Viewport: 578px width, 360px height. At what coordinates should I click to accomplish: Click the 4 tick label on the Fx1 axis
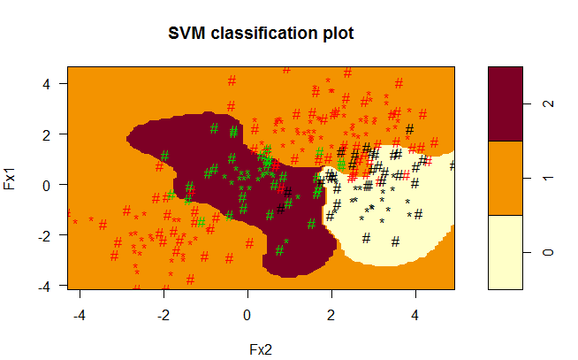pyautogui.click(x=52, y=83)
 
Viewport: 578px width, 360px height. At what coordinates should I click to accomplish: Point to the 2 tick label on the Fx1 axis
pyautogui.click(x=52, y=134)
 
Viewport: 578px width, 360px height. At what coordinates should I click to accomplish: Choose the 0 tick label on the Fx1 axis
pyautogui.click(x=52, y=185)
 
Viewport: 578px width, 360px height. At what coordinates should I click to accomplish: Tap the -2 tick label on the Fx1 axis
pyautogui.click(x=49, y=235)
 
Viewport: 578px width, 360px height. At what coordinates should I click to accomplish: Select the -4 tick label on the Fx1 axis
pyautogui.click(x=49, y=286)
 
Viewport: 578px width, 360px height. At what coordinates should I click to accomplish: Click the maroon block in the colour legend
pyautogui.click(x=506, y=103)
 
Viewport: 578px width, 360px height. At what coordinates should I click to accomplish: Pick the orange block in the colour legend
pyautogui.click(x=506, y=178)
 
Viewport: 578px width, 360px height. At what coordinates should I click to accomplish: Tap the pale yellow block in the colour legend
pyautogui.click(x=506, y=252)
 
